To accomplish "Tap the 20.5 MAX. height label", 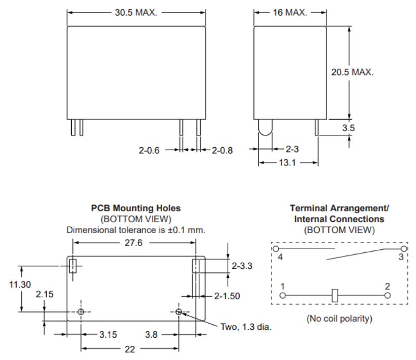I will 352,72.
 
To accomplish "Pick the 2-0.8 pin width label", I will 222,150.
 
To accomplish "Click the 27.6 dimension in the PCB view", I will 134,242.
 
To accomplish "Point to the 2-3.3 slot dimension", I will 242,266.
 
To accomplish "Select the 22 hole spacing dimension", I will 129,350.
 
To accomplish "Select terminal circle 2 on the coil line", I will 387,295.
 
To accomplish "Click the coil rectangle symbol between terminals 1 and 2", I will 335,295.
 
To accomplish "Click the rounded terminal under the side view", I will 265,129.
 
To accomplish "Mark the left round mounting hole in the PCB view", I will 81,312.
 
